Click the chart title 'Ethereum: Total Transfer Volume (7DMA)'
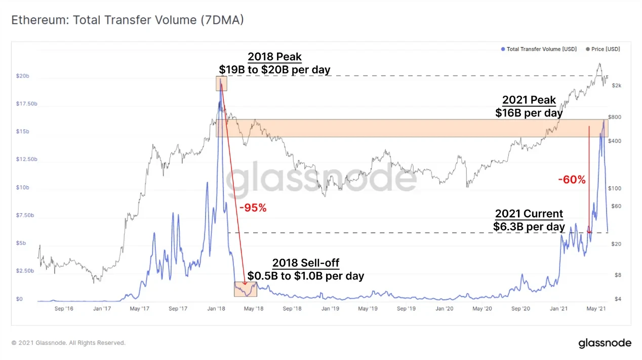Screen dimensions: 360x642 [x=127, y=20]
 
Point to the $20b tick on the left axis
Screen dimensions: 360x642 [x=23, y=76]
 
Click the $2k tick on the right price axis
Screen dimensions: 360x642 [x=616, y=86]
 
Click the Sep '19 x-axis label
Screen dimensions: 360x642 [x=406, y=308]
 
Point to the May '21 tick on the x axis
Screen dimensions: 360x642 [x=598, y=308]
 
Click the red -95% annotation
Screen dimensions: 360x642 [x=253, y=208]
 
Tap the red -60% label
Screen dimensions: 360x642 [x=572, y=180]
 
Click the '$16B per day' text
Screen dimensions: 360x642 [x=529, y=113]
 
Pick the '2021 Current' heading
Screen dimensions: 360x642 [x=529, y=214]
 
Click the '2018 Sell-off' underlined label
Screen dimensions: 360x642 [x=306, y=263]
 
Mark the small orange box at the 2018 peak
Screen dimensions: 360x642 [x=221, y=84]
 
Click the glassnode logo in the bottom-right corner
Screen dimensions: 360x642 [x=605, y=343]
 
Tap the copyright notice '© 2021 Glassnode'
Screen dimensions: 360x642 [x=68, y=343]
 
